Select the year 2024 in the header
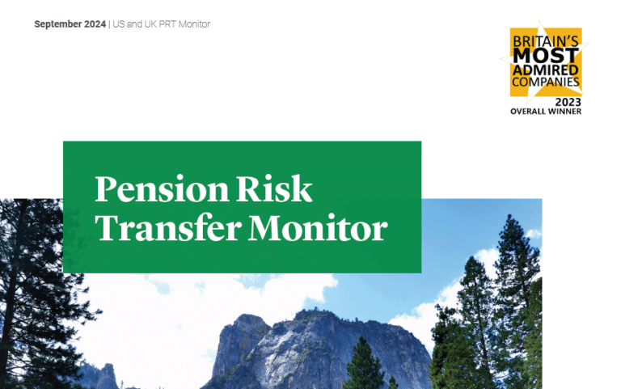point(95,24)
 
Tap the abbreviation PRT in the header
point(167,24)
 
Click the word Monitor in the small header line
point(194,24)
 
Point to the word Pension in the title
point(162,189)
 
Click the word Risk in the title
point(274,188)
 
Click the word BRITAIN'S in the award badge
point(546,41)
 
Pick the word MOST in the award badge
point(546,56)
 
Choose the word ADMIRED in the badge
point(546,70)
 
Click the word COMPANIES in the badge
point(546,82)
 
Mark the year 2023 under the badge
point(568,102)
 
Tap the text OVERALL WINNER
point(546,112)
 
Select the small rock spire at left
point(107,375)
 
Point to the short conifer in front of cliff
point(364,365)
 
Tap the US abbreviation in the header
point(119,24)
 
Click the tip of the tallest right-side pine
point(509,215)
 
